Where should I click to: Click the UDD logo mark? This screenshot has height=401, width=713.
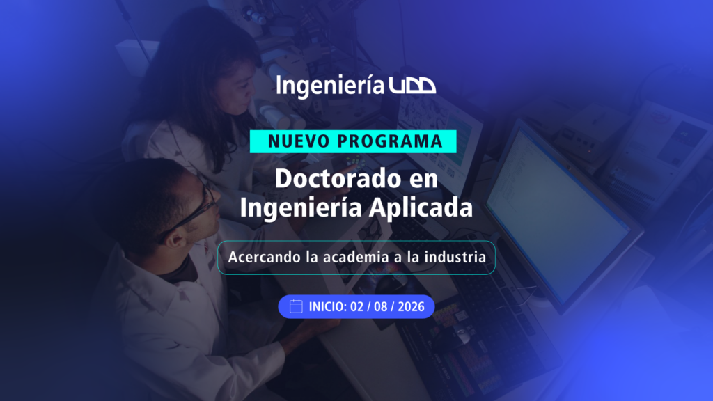coord(412,86)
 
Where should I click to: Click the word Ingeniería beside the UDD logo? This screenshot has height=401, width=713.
coord(330,86)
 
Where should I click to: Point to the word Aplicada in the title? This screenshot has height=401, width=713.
coord(421,207)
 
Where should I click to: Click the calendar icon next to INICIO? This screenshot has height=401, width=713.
coord(296,306)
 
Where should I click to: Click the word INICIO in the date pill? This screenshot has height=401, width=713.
coord(328,307)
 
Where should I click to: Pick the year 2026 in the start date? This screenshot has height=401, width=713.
coord(411,307)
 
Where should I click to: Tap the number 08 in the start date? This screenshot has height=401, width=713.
coord(381,307)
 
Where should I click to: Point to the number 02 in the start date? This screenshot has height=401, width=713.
coord(357,307)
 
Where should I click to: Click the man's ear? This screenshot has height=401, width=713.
coord(174,239)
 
